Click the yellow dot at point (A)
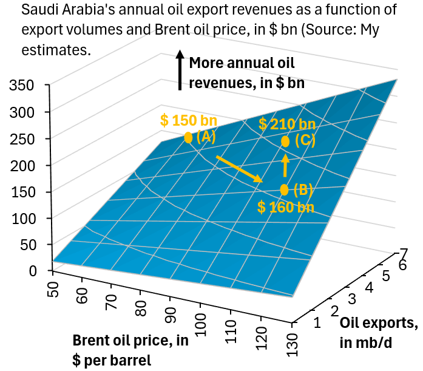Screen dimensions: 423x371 [x=188, y=138]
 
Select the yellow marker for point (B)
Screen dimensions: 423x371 [x=285, y=189]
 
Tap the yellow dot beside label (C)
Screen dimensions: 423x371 [x=285, y=141]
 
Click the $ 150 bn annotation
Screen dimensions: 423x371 [x=189, y=120]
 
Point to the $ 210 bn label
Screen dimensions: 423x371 [x=287, y=124]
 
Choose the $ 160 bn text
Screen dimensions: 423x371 [x=286, y=207]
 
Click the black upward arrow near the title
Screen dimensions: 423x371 [x=180, y=70]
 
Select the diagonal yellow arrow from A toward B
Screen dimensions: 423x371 [x=239, y=169]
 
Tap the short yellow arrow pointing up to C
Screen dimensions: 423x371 [x=285, y=165]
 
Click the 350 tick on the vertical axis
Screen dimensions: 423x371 [x=22, y=85]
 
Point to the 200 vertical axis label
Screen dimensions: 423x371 [x=22, y=165]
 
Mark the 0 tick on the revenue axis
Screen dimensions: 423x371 [x=33, y=271]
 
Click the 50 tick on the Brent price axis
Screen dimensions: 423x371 [x=53, y=290]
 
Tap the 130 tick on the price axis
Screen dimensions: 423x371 [x=292, y=345]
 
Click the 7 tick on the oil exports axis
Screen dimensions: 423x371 [x=404, y=254]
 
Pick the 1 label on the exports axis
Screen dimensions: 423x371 [x=317, y=322]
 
